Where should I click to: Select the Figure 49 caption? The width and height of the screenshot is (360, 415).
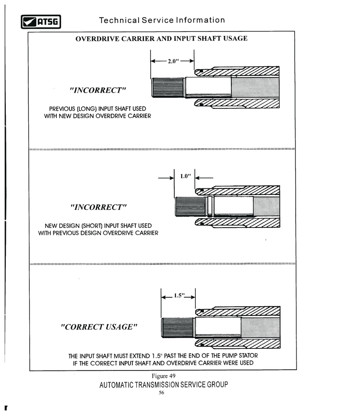pos(163,375)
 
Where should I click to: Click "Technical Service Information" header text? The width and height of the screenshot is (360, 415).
pos(162,20)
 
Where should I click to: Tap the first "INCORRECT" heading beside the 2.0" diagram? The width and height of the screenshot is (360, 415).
pos(98,90)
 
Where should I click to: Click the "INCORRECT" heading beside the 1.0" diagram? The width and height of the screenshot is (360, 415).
pos(99,207)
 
